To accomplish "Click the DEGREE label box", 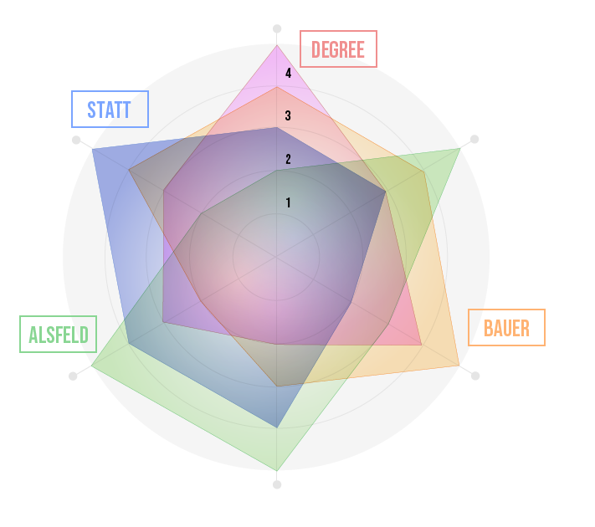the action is [338, 49].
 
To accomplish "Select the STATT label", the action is [110, 110].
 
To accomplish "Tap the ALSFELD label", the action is [58, 335].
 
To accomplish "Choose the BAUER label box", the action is [506, 327].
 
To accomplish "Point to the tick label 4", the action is [289, 74].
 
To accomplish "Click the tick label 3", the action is [288, 115].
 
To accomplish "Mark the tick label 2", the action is [289, 159].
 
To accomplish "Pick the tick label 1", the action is [289, 203].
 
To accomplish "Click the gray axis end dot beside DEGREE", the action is [277, 28].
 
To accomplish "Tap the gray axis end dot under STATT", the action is [76, 140].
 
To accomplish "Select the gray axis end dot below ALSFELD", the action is [73, 376].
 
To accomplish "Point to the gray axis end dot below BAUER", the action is [475, 376].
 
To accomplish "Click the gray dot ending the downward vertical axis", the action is [277, 484].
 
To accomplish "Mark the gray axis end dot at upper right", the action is [474, 139].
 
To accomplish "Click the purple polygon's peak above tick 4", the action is [277, 45].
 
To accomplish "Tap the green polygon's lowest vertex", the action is [277, 471].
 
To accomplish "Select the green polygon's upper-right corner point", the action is [460, 148].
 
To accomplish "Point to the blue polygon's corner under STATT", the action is [92, 149].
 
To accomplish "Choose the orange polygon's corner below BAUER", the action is [459, 366].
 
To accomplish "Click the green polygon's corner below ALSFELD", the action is [91, 366].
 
